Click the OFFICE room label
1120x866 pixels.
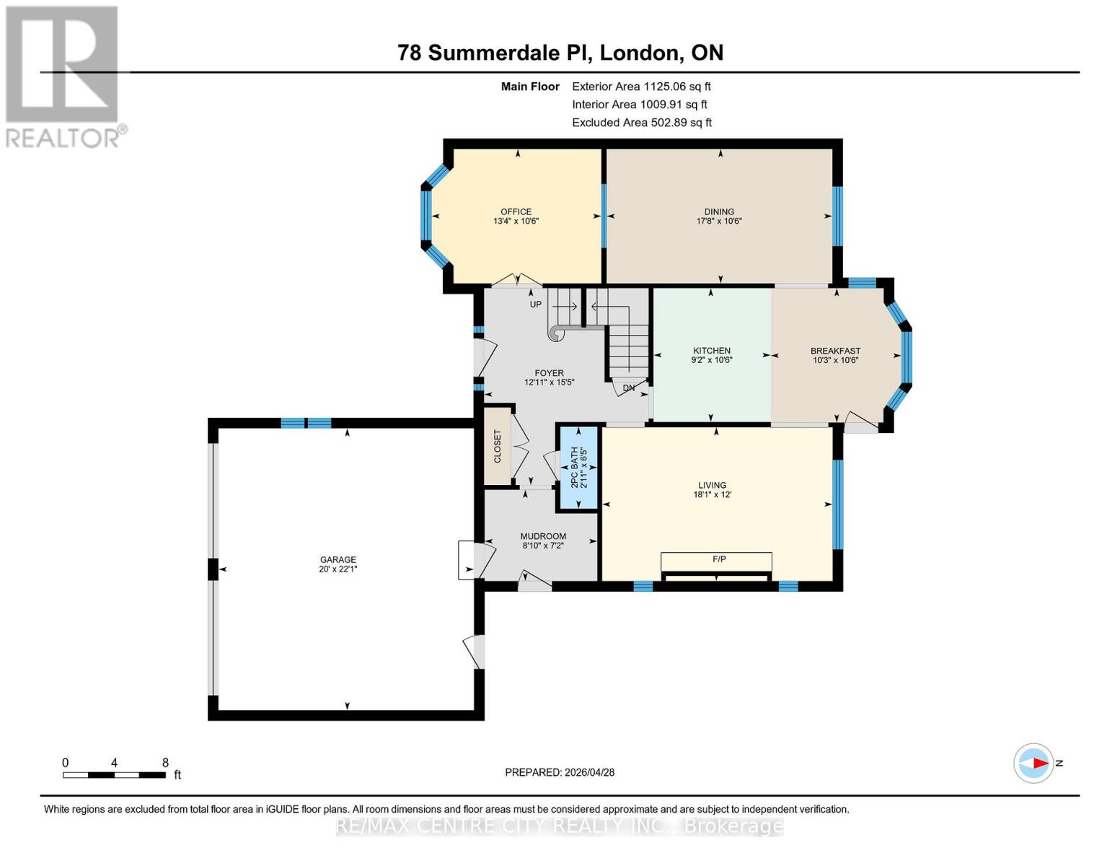[516, 211]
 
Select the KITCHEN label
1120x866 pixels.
[712, 351]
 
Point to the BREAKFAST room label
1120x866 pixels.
[835, 351]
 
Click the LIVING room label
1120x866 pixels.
[712, 485]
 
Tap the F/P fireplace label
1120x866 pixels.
[718, 559]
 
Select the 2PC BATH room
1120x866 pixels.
[579, 468]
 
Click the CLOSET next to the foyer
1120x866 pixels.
[497, 447]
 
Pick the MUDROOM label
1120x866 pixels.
[543, 536]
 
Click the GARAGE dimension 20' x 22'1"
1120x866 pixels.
[338, 569]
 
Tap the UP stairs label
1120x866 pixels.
[535, 305]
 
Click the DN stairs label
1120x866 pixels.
[628, 388]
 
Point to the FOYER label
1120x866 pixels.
[549, 373]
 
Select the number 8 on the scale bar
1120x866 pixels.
[165, 763]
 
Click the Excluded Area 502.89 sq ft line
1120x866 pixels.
[641, 123]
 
